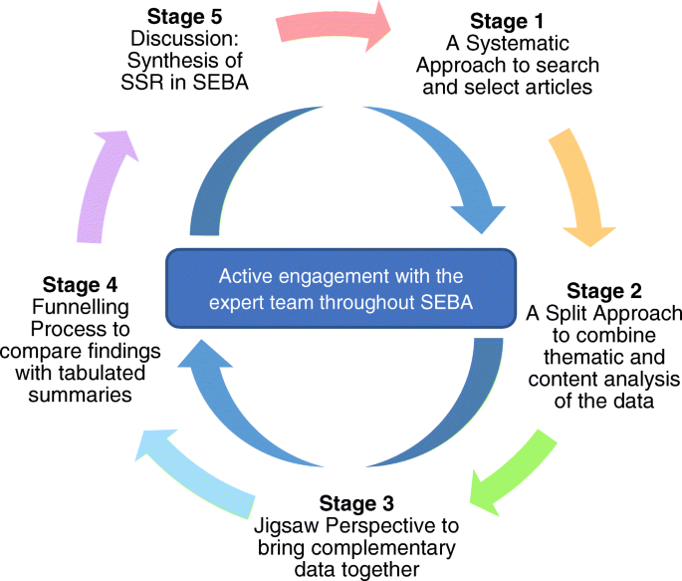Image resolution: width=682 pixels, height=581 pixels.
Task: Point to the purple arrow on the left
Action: pos(111,189)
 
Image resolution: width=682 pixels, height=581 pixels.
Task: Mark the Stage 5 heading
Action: pos(185,16)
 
